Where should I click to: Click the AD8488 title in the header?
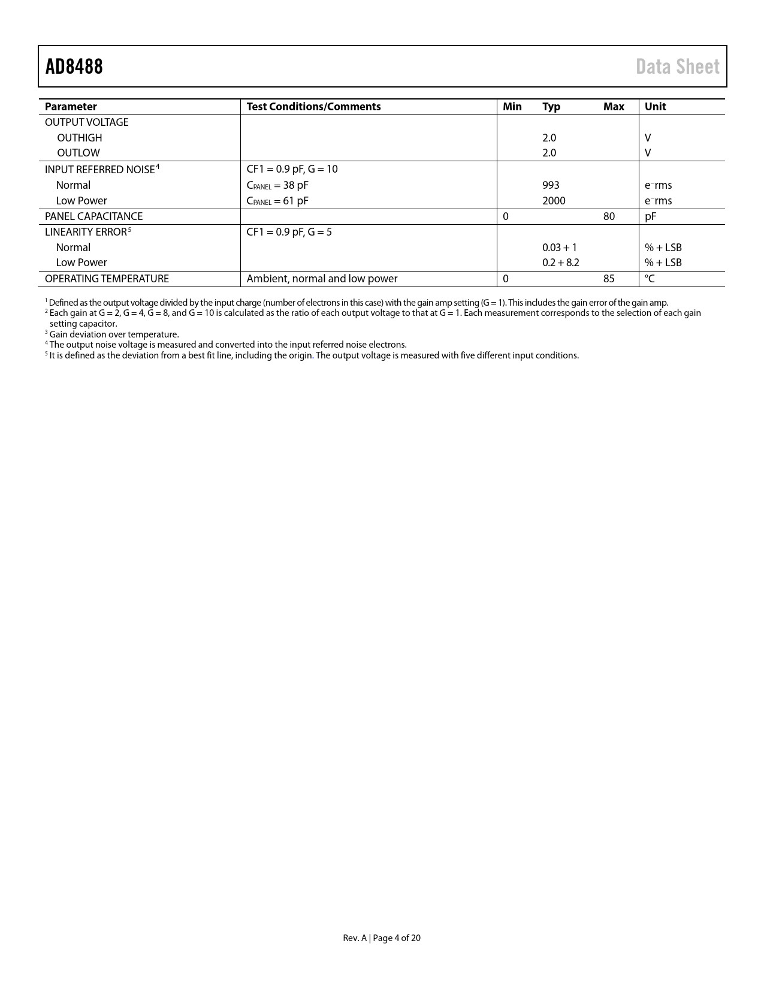point(74,67)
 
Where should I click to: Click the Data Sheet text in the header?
point(677,67)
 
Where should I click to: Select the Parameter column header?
point(71,107)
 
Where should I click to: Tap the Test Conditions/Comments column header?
point(313,107)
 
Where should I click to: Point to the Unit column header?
point(655,107)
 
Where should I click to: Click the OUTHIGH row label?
point(79,138)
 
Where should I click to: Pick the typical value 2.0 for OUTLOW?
point(549,153)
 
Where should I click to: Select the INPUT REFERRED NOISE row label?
point(99,170)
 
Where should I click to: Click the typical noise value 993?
point(551,185)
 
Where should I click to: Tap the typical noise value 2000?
point(554,201)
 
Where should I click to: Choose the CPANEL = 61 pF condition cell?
point(277,201)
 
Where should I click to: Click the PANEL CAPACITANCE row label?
point(93,216)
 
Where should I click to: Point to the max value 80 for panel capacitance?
point(609,216)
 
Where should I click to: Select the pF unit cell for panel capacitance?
point(651,216)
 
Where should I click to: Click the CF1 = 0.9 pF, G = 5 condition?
point(289,232)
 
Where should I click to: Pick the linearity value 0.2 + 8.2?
point(560,263)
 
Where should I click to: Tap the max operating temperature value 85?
point(609,279)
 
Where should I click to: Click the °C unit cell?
point(650,279)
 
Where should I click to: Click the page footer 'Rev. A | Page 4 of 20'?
point(382,938)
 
